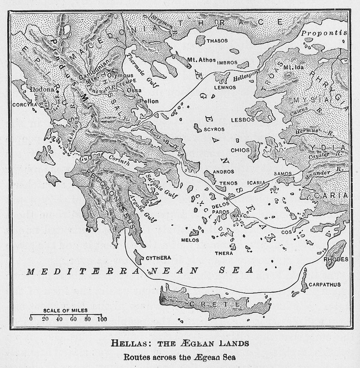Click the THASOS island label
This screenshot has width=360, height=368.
217,41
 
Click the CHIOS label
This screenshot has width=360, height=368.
240,149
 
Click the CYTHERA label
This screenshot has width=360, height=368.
158,257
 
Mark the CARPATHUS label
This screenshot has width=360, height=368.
324,285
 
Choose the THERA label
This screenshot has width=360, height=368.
224,253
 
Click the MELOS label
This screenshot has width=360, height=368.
190,240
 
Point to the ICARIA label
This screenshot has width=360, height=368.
256,183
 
